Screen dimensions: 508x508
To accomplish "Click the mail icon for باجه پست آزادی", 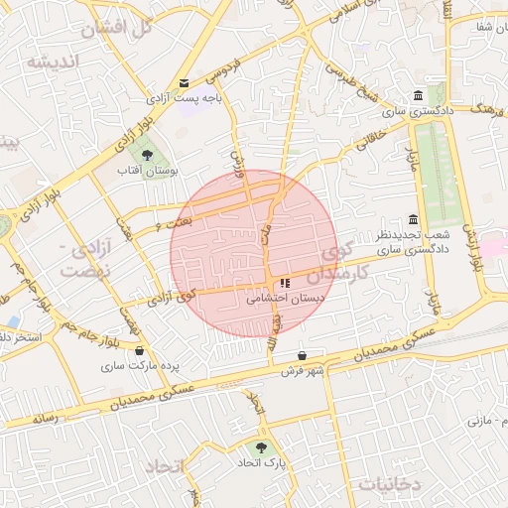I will pos(184,83).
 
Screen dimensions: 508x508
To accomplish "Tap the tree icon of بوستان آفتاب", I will pos(147,155).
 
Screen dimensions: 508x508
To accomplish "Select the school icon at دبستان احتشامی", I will pos(286,283).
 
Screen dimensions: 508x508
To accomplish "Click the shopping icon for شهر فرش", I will pos(302,355).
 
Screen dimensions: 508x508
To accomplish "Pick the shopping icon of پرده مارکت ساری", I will pos(139,350).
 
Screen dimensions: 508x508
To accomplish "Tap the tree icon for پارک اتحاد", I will pos(262,447).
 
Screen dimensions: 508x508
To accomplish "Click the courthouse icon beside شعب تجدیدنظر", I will pos(413,219).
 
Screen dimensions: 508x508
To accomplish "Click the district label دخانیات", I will pos(390,483).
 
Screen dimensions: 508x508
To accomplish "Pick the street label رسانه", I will pos(46,419).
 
